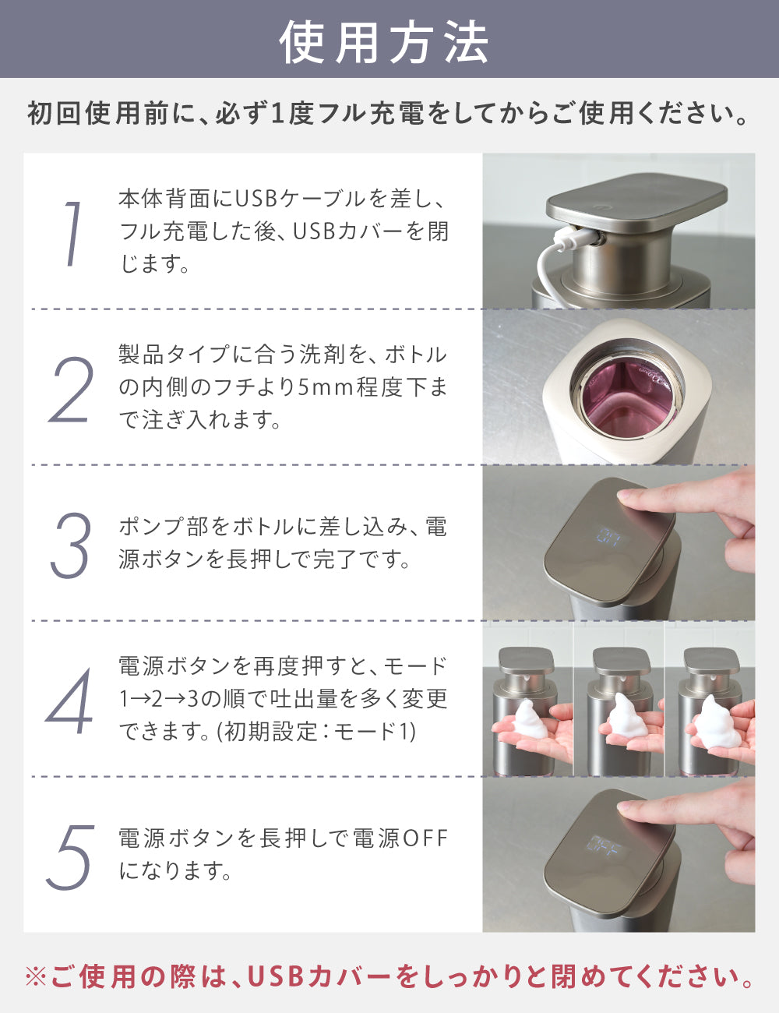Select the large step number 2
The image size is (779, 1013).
72,390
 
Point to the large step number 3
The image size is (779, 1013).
71,545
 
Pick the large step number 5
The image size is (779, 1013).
71,856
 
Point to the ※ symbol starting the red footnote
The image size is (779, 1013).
36,976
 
